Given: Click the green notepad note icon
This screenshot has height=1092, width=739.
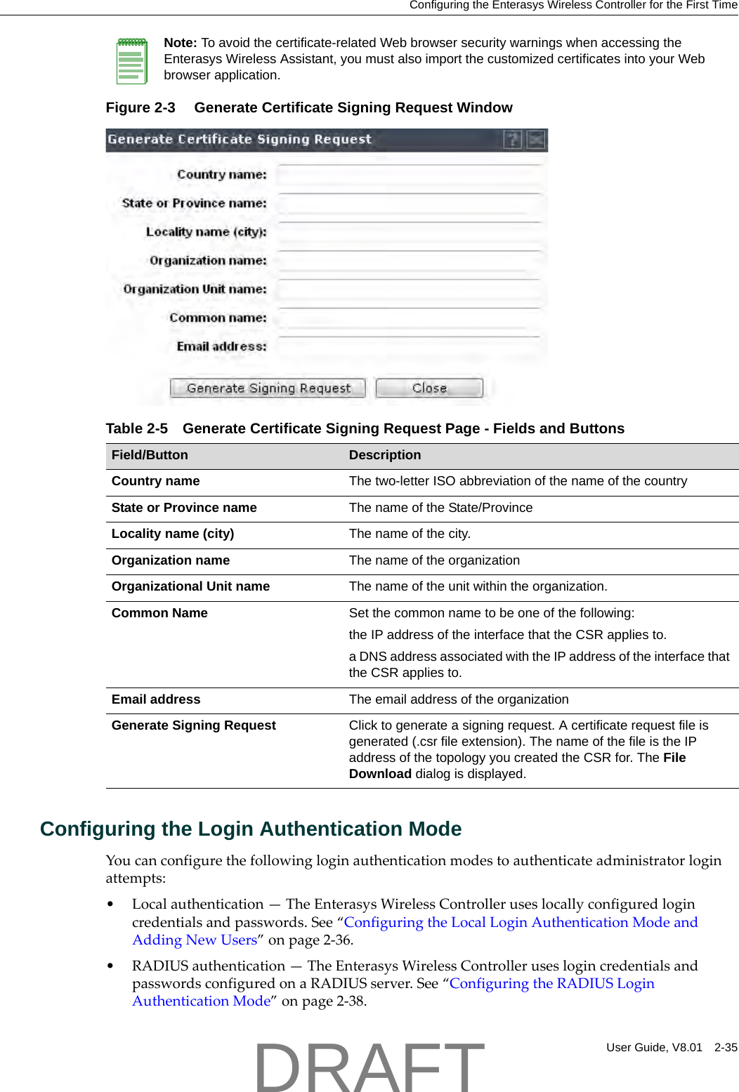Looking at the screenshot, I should [131, 61].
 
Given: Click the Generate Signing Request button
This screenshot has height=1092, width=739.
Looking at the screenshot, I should [268, 388].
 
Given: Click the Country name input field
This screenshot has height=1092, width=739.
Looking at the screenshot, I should [409, 175].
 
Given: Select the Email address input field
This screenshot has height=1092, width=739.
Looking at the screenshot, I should [409, 347].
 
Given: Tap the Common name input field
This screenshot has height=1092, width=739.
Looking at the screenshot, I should [409, 318].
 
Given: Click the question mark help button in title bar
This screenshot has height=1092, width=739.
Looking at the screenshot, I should [513, 140].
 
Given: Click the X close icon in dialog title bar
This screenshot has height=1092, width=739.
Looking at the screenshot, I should [536, 140].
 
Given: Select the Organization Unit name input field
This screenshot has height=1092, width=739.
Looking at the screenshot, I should [409, 289].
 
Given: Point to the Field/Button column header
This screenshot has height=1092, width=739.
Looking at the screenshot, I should [150, 455].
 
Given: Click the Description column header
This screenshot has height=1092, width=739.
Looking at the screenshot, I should [385, 455].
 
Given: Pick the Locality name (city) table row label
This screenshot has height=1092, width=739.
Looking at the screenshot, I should [173, 534].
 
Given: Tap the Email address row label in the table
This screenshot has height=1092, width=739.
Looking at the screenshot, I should [156, 699].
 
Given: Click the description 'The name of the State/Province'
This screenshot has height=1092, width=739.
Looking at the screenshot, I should [440, 508].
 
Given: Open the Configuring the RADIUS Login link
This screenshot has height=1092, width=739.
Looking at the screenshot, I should [551, 983].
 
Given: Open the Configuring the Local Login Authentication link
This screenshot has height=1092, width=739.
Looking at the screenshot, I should [520, 922].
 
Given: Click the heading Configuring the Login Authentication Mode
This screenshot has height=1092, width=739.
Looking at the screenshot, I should [251, 829].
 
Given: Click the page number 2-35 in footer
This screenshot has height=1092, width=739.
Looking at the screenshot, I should [726, 1047].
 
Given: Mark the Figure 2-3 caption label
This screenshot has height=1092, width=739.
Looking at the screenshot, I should [140, 107].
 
